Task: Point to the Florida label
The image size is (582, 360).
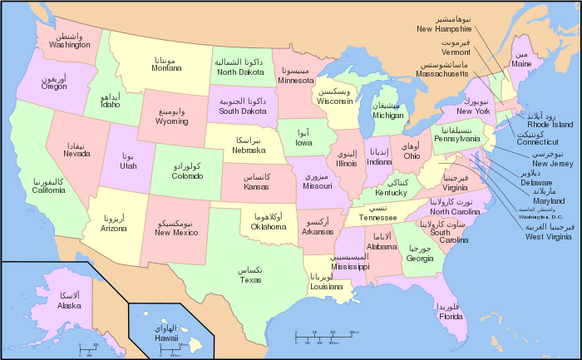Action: (451, 315)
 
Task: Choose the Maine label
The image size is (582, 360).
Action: (521, 63)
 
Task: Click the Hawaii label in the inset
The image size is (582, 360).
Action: (166, 338)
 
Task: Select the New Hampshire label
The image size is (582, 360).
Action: (451, 28)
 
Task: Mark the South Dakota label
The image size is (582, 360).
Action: (243, 111)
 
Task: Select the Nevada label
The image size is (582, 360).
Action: (76, 153)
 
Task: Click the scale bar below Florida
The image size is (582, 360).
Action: (325, 336)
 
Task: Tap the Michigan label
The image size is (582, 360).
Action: (387, 116)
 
